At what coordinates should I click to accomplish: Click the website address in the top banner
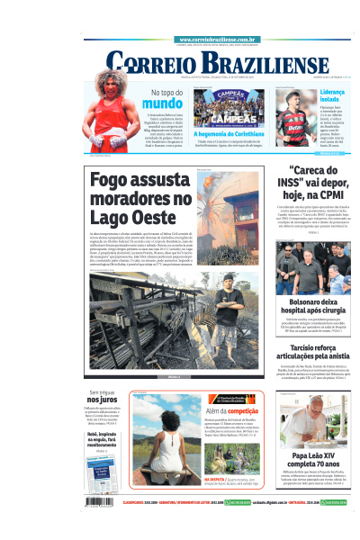point(219,40)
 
